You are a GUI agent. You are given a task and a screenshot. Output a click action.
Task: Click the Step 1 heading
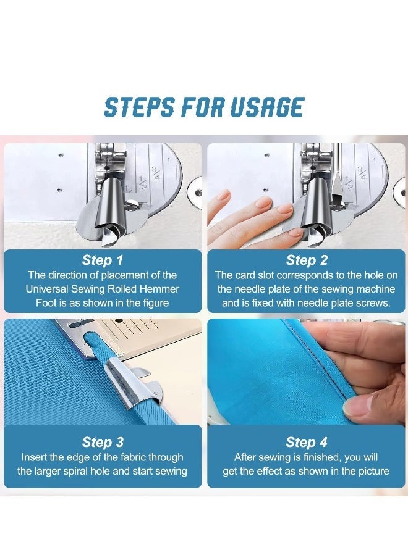coord(103,260)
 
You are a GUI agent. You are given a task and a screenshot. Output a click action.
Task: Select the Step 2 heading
coord(307,260)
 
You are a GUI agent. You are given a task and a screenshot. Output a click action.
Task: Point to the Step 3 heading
coord(103,442)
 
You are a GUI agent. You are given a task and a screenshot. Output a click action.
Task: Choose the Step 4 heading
coord(307,442)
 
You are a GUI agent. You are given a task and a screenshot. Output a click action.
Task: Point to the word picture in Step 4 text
coord(370,471)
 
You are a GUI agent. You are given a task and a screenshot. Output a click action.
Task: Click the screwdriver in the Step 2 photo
coord(338,185)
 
